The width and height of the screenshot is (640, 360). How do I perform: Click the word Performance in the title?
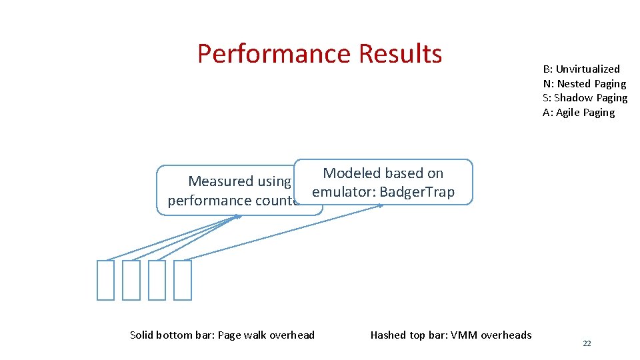274,54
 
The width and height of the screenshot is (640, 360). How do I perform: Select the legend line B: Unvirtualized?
581,69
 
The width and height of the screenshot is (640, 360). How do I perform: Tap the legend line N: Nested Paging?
584,84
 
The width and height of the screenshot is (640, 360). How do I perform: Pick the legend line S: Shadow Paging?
585,98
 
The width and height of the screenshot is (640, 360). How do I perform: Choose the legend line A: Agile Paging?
579,113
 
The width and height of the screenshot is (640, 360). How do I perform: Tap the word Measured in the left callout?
221,181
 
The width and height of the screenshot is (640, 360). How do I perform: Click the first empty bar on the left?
105,280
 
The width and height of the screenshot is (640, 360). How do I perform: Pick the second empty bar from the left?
131,280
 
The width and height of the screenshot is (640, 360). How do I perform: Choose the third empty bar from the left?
157,280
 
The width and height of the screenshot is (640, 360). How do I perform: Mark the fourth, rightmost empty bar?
183,280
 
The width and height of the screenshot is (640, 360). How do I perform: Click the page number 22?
587,343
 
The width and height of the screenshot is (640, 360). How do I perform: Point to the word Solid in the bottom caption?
142,335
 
